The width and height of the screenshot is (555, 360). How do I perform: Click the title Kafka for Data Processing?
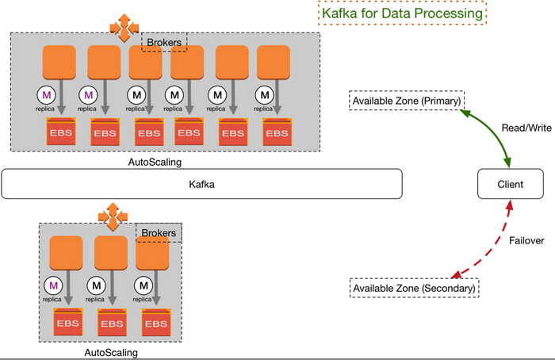tap(403, 13)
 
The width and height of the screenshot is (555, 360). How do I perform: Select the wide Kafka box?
tap(201, 184)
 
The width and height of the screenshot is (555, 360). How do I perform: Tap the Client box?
tap(511, 184)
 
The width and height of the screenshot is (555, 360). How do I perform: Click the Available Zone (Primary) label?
tap(407, 101)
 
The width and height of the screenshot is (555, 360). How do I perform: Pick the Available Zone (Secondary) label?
tap(414, 288)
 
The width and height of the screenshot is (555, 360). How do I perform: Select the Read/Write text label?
tap(526, 128)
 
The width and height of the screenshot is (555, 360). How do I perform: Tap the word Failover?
tap(526, 241)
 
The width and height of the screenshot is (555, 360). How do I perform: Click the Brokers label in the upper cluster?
tap(164, 43)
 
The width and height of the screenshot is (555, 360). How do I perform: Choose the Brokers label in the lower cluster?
tap(159, 233)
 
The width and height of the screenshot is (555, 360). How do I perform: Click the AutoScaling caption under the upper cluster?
tap(155, 162)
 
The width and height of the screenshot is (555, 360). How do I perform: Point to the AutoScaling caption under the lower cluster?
tap(111, 353)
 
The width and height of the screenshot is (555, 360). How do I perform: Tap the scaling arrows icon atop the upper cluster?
tap(124, 28)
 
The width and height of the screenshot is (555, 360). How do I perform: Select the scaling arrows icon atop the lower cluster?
tap(113, 216)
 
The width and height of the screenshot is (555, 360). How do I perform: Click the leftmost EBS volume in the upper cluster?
tap(61, 132)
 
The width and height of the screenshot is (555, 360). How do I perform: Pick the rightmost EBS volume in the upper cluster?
tap(277, 132)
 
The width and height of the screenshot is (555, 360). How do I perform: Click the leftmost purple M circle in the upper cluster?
tap(46, 95)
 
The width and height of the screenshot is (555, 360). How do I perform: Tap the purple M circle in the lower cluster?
tap(53, 285)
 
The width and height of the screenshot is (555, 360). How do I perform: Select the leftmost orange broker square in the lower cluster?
tap(66, 253)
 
